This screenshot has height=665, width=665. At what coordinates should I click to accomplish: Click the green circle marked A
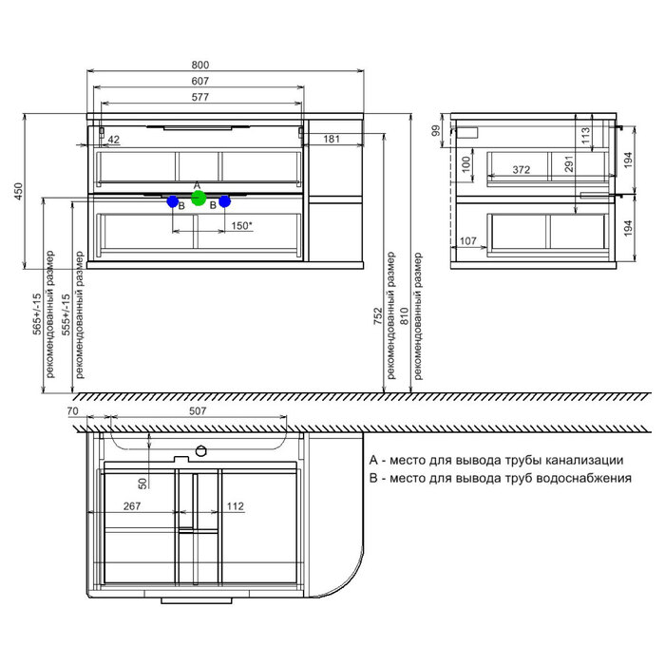(x=199, y=198)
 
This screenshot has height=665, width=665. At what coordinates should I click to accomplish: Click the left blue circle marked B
(x=173, y=201)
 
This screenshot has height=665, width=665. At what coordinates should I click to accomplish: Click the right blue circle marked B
(x=224, y=201)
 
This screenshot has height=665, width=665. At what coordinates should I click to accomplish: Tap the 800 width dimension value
(x=200, y=65)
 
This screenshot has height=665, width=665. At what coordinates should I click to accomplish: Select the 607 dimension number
(x=200, y=81)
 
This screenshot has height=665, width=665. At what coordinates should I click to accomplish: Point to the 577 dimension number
(x=200, y=97)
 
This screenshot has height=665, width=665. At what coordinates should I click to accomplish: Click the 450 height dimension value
(x=18, y=191)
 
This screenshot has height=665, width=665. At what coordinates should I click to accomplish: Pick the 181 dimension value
(x=332, y=139)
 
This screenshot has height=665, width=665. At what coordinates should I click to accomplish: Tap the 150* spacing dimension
(x=241, y=226)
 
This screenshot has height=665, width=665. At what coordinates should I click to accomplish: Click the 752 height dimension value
(x=378, y=316)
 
